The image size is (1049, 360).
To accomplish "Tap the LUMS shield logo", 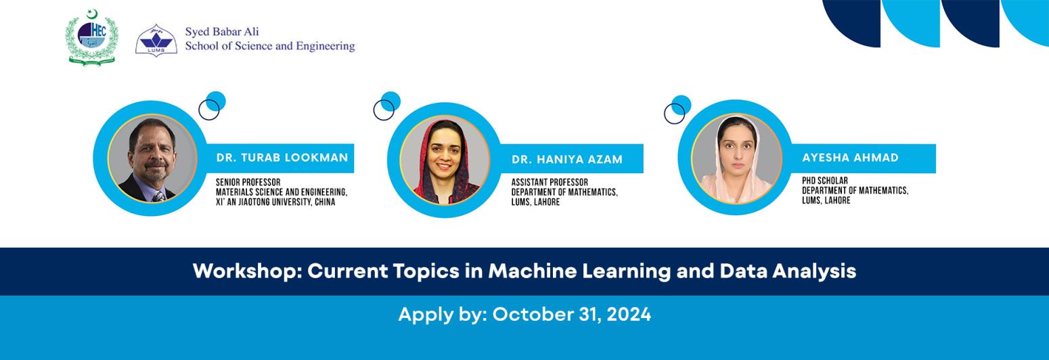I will (156, 41).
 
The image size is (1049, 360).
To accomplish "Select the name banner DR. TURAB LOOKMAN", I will (282, 158).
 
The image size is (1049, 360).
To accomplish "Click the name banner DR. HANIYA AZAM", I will (567, 160).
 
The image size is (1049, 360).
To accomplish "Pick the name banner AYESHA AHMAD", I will (851, 158).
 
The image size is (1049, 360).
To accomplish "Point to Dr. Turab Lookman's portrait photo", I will (152, 158).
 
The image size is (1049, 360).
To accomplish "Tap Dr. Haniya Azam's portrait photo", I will (445, 160).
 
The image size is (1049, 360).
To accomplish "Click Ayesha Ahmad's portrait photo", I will (736, 158).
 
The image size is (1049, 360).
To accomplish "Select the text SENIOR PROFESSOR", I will (248, 183).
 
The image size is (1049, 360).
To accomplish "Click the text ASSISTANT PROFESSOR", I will (550, 183).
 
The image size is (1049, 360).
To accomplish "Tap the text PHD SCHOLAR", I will (825, 181).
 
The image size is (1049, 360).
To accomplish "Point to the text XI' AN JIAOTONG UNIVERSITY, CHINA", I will (275, 202).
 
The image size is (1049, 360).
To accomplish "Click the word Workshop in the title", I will (246, 271).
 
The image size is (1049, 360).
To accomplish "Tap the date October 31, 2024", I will (571, 314).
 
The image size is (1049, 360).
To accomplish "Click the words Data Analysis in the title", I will (788, 271).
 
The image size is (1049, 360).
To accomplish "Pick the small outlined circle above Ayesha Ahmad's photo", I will (674, 114).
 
